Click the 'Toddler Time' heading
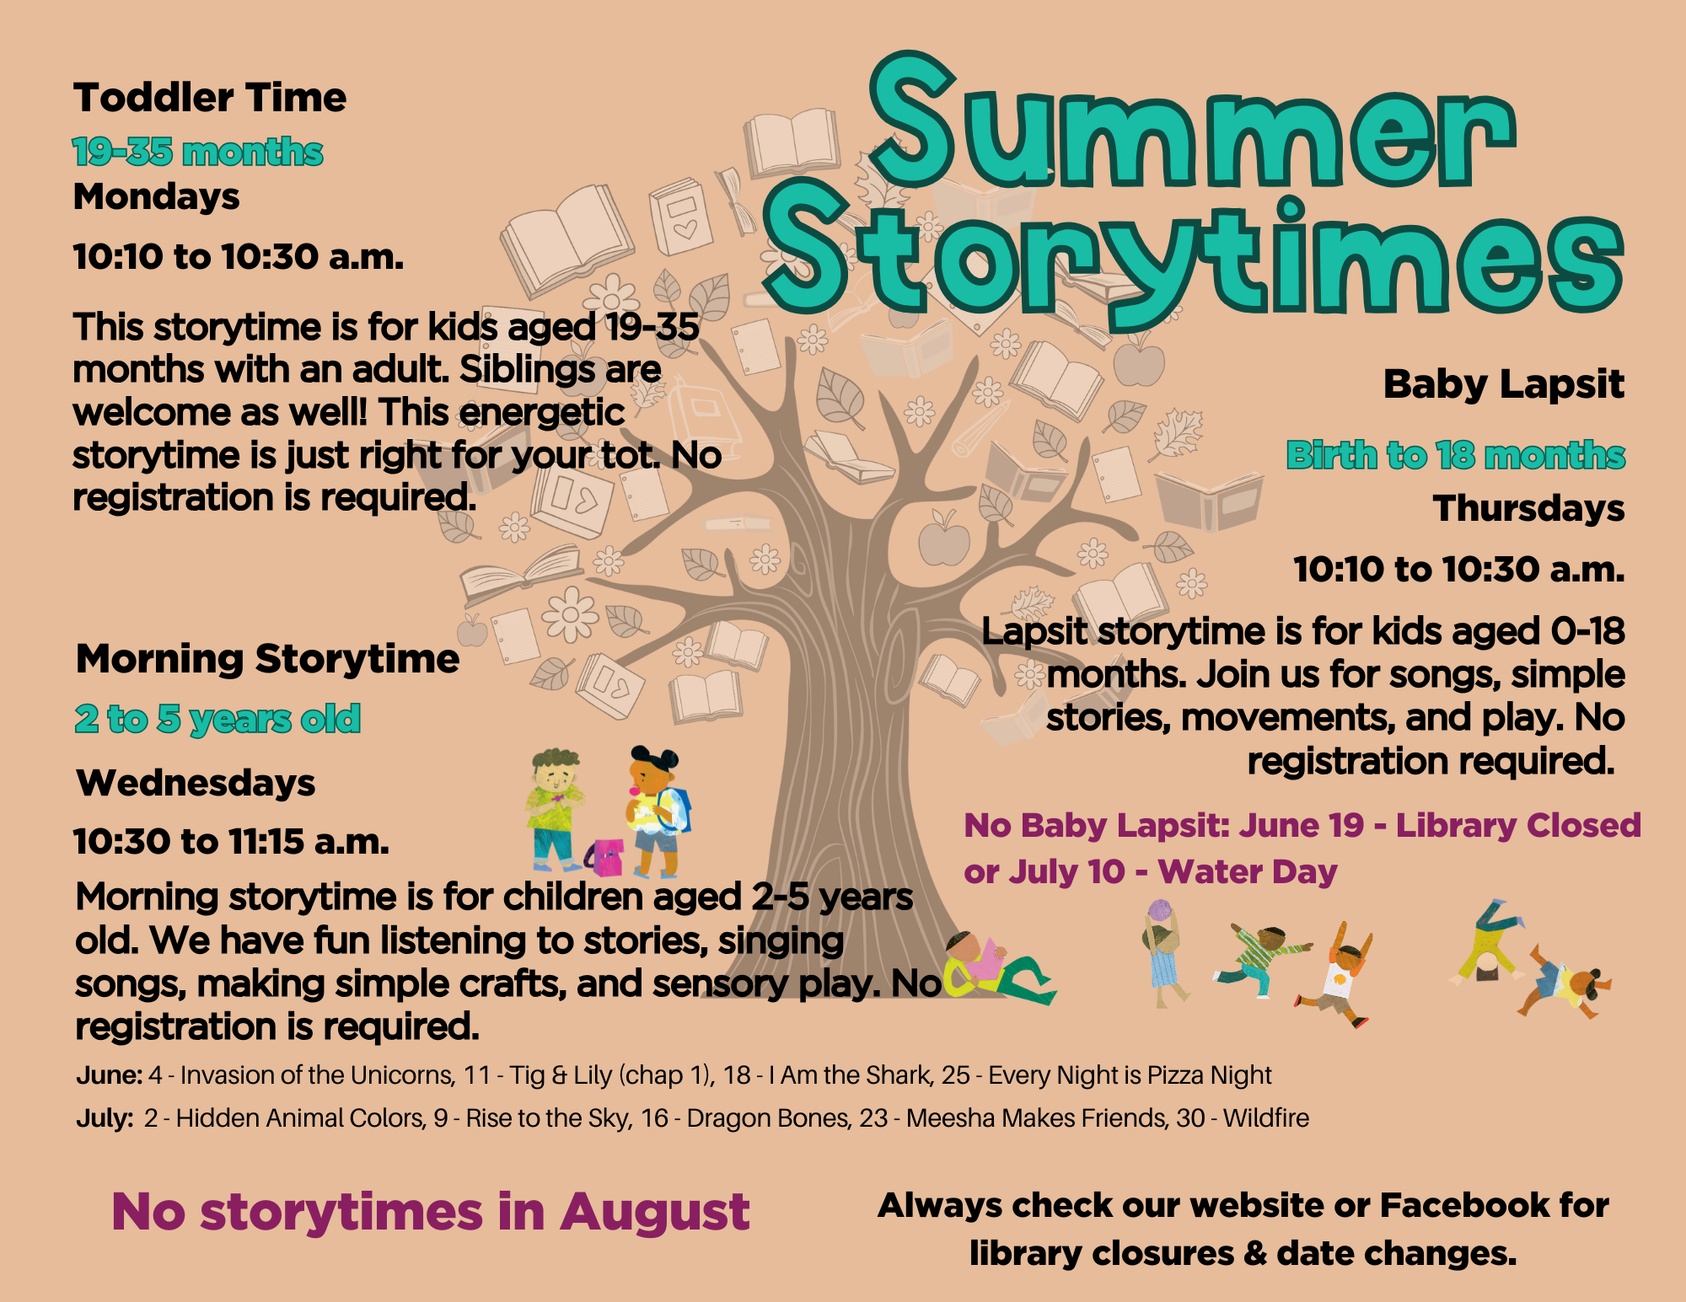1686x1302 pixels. pyautogui.click(x=210, y=98)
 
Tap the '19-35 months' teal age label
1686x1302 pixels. pyautogui.click(x=198, y=153)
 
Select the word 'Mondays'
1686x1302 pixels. pyautogui.click(x=157, y=197)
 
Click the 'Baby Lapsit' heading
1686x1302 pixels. pyautogui.click(x=1504, y=384)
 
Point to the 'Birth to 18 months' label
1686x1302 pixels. pyautogui.click(x=1456, y=455)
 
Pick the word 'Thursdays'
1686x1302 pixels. pyautogui.click(x=1529, y=508)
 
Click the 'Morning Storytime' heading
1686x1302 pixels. pyautogui.click(x=268, y=658)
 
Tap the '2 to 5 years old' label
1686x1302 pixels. pyautogui.click(x=217, y=719)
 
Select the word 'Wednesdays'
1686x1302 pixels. pyautogui.click(x=196, y=783)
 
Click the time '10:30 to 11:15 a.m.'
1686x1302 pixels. pyautogui.click(x=232, y=841)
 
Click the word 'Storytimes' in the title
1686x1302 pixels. pyautogui.click(x=1193, y=257)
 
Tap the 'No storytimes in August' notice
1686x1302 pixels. pyautogui.click(x=431, y=1212)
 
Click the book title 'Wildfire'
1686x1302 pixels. pyautogui.click(x=1266, y=1118)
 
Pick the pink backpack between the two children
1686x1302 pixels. pyautogui.click(x=605, y=857)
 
